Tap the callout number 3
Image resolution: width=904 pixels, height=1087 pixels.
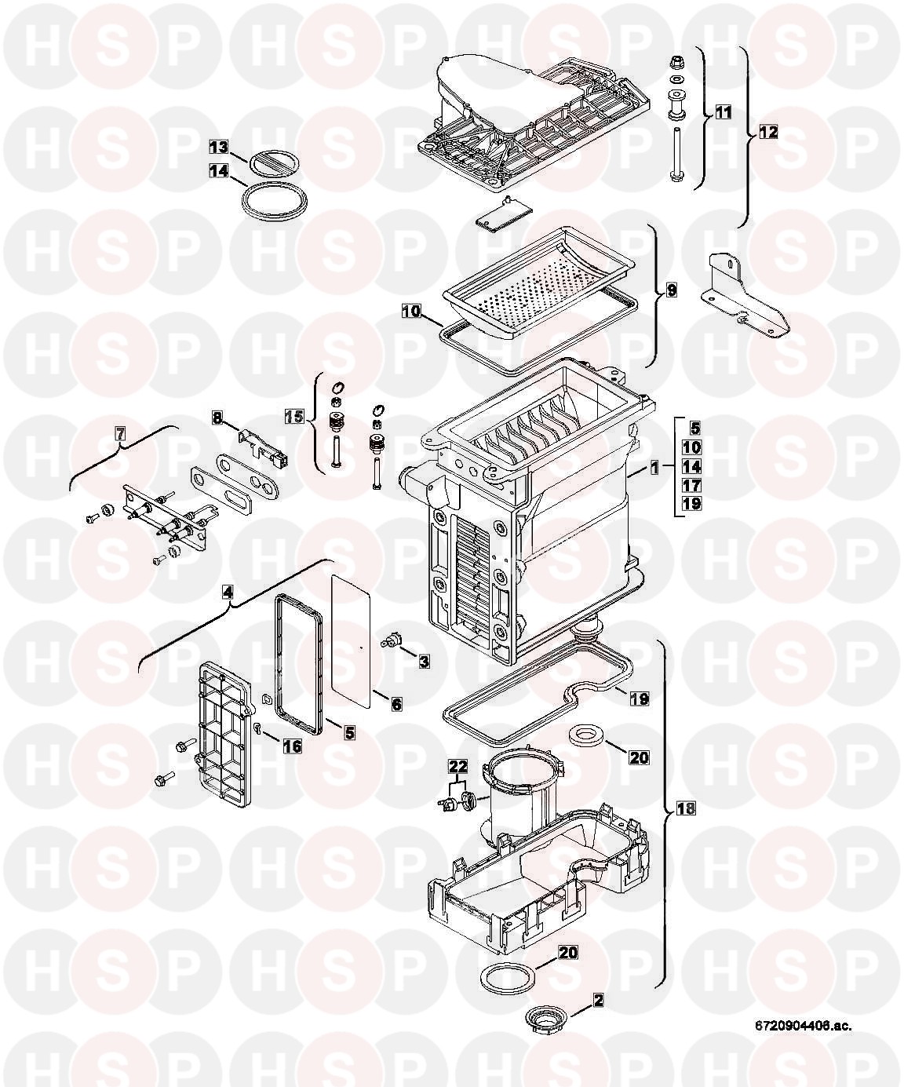[423, 662]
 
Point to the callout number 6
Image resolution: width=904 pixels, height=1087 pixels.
[396, 705]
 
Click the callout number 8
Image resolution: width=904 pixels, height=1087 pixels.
[217, 419]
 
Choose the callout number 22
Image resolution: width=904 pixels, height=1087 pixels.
[457, 765]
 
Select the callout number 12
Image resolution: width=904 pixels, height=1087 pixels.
[767, 133]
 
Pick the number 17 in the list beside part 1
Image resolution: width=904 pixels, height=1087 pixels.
[691, 485]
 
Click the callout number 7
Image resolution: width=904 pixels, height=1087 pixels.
[120, 432]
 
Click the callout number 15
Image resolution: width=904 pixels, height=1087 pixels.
[293, 415]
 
